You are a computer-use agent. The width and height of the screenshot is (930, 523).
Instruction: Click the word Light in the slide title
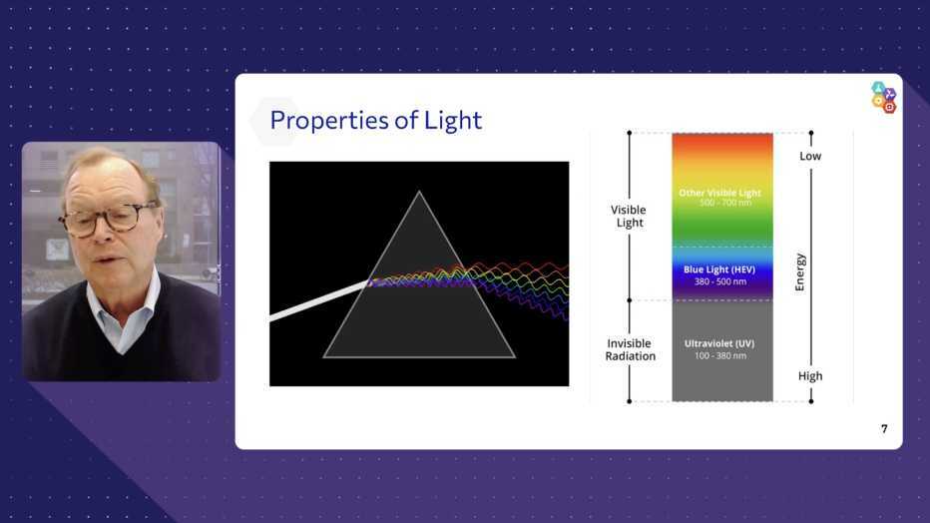click(453, 121)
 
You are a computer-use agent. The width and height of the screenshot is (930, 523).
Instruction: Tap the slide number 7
click(884, 429)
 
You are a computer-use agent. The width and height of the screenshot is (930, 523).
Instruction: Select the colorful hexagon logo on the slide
click(884, 97)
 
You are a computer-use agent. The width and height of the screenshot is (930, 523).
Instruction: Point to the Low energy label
click(810, 156)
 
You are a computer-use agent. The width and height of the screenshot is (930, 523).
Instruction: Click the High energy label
click(810, 376)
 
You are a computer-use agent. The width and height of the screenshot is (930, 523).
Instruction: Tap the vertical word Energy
click(800, 272)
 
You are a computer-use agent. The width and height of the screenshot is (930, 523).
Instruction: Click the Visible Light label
click(629, 216)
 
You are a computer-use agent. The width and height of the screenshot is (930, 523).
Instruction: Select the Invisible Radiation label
click(630, 350)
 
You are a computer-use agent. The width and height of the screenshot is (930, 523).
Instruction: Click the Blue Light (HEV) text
click(719, 269)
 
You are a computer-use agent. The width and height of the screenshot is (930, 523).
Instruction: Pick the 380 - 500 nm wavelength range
click(720, 281)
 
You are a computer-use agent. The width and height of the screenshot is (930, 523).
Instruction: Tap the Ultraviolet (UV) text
click(719, 343)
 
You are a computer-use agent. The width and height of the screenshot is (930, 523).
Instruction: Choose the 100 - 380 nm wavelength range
click(720, 355)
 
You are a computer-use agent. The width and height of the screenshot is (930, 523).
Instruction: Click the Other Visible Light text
click(719, 193)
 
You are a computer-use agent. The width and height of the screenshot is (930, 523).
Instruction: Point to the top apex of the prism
click(419, 191)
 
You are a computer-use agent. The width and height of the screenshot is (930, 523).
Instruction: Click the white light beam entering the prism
click(319, 301)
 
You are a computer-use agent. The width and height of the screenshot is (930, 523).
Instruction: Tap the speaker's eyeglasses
click(109, 219)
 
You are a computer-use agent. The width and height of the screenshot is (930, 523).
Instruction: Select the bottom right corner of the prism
click(515, 357)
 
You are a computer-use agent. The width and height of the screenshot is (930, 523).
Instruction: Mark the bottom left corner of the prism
click(324, 357)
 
